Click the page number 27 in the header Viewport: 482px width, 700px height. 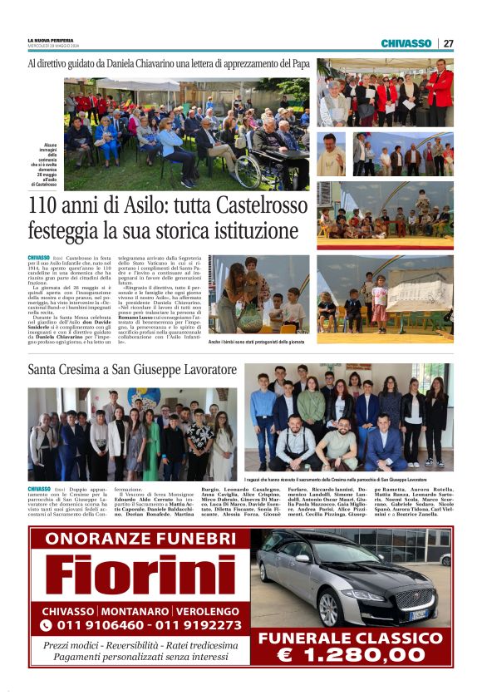pyautogui.click(x=448, y=43)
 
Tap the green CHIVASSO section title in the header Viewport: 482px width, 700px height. pyautogui.click(x=406, y=43)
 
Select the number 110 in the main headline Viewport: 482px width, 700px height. pyautogui.click(x=47, y=204)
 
